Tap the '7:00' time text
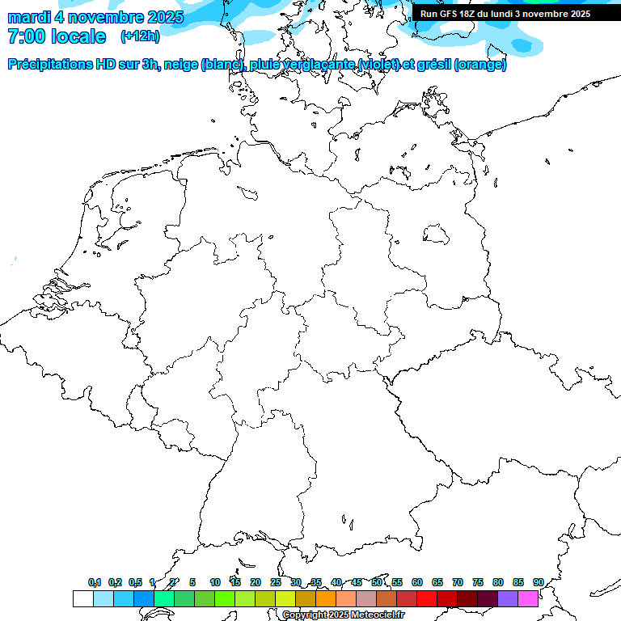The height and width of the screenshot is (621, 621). pos(25,36)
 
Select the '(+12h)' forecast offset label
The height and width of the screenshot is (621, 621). pos(140,36)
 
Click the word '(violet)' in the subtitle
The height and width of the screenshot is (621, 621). pos(383,65)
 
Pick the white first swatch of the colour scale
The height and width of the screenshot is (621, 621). pos(82,598)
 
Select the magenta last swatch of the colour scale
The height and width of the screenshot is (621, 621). pos(528,598)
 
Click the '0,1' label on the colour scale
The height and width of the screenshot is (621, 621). pos(95,582)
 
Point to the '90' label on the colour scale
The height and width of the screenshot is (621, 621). pos(539,582)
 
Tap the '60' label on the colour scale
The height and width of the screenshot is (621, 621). pos(417,582)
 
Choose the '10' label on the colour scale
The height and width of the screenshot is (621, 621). pos(215,582)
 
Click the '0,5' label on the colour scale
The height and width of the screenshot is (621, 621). pos(136,582)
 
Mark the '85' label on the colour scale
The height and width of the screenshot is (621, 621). pos(518,582)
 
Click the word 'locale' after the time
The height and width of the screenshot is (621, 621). pos(78,36)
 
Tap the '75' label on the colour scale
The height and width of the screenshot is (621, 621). pos(478,582)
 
